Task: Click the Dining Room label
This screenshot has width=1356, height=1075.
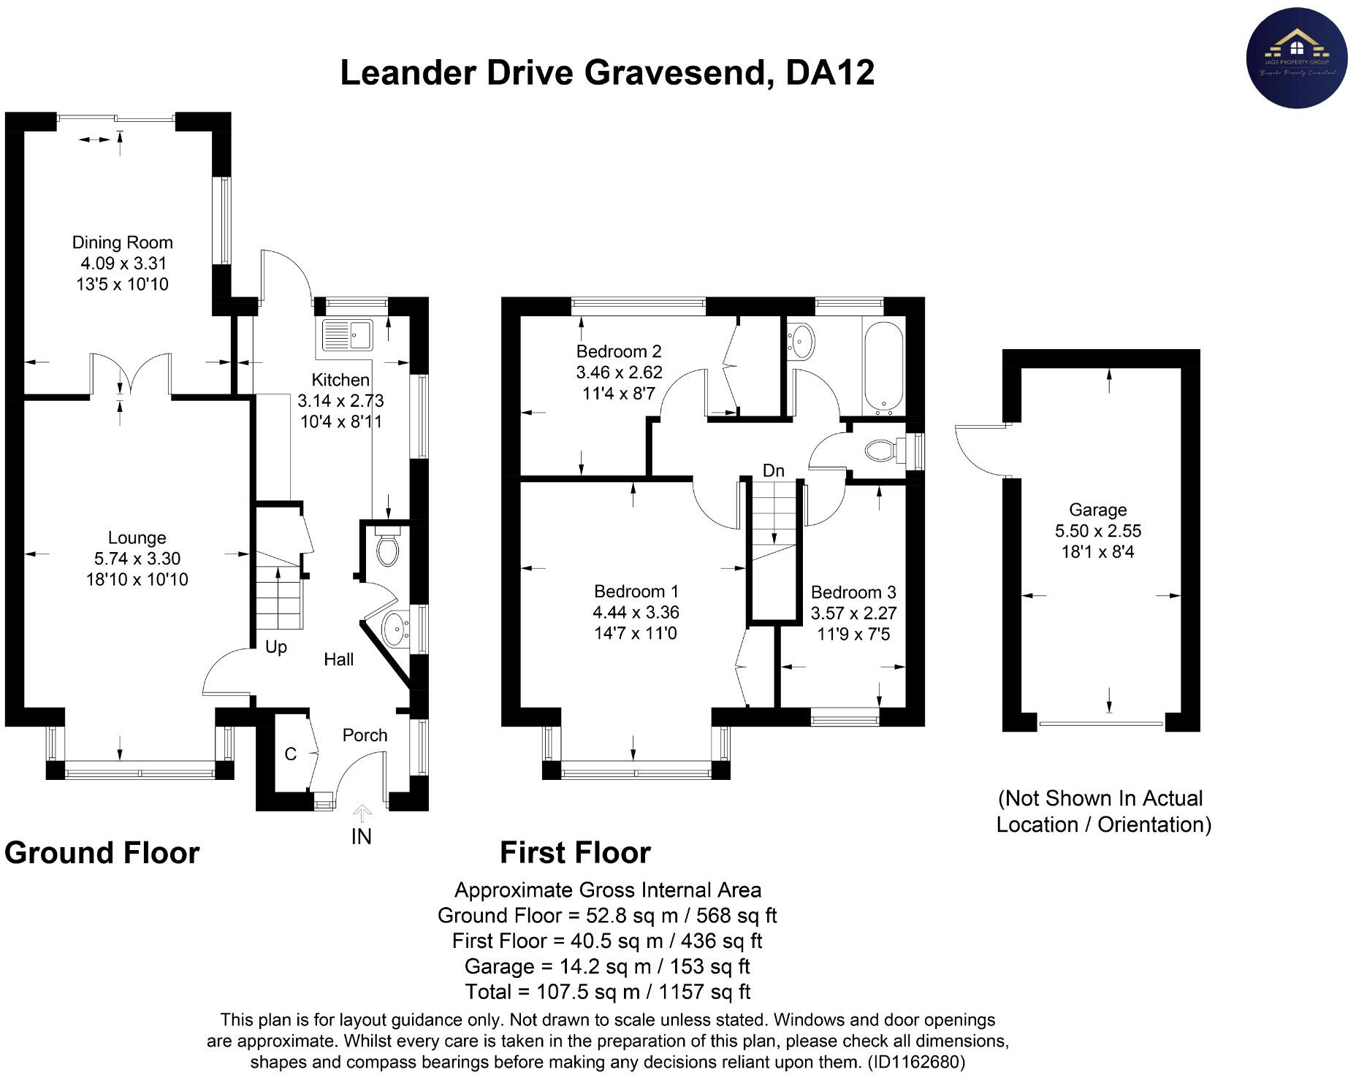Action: [122, 242]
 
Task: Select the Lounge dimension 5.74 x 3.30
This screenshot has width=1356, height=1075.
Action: [137, 559]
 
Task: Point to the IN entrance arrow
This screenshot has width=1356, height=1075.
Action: [362, 814]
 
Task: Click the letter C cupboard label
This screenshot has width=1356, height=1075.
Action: [290, 754]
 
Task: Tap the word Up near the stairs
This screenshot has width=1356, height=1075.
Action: [275, 647]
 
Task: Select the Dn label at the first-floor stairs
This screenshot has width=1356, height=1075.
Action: [773, 471]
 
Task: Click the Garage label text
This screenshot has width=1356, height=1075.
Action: [1097, 510]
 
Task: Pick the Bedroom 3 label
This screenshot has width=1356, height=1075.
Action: [853, 592]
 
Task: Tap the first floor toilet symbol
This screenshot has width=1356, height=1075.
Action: [882, 451]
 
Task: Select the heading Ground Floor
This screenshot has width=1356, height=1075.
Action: [102, 853]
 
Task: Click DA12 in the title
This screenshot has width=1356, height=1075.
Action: [830, 73]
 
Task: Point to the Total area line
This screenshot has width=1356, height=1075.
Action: [607, 992]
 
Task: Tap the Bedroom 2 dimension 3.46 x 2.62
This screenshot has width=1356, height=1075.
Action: [619, 372]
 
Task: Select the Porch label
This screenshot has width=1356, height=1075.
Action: [365, 735]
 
